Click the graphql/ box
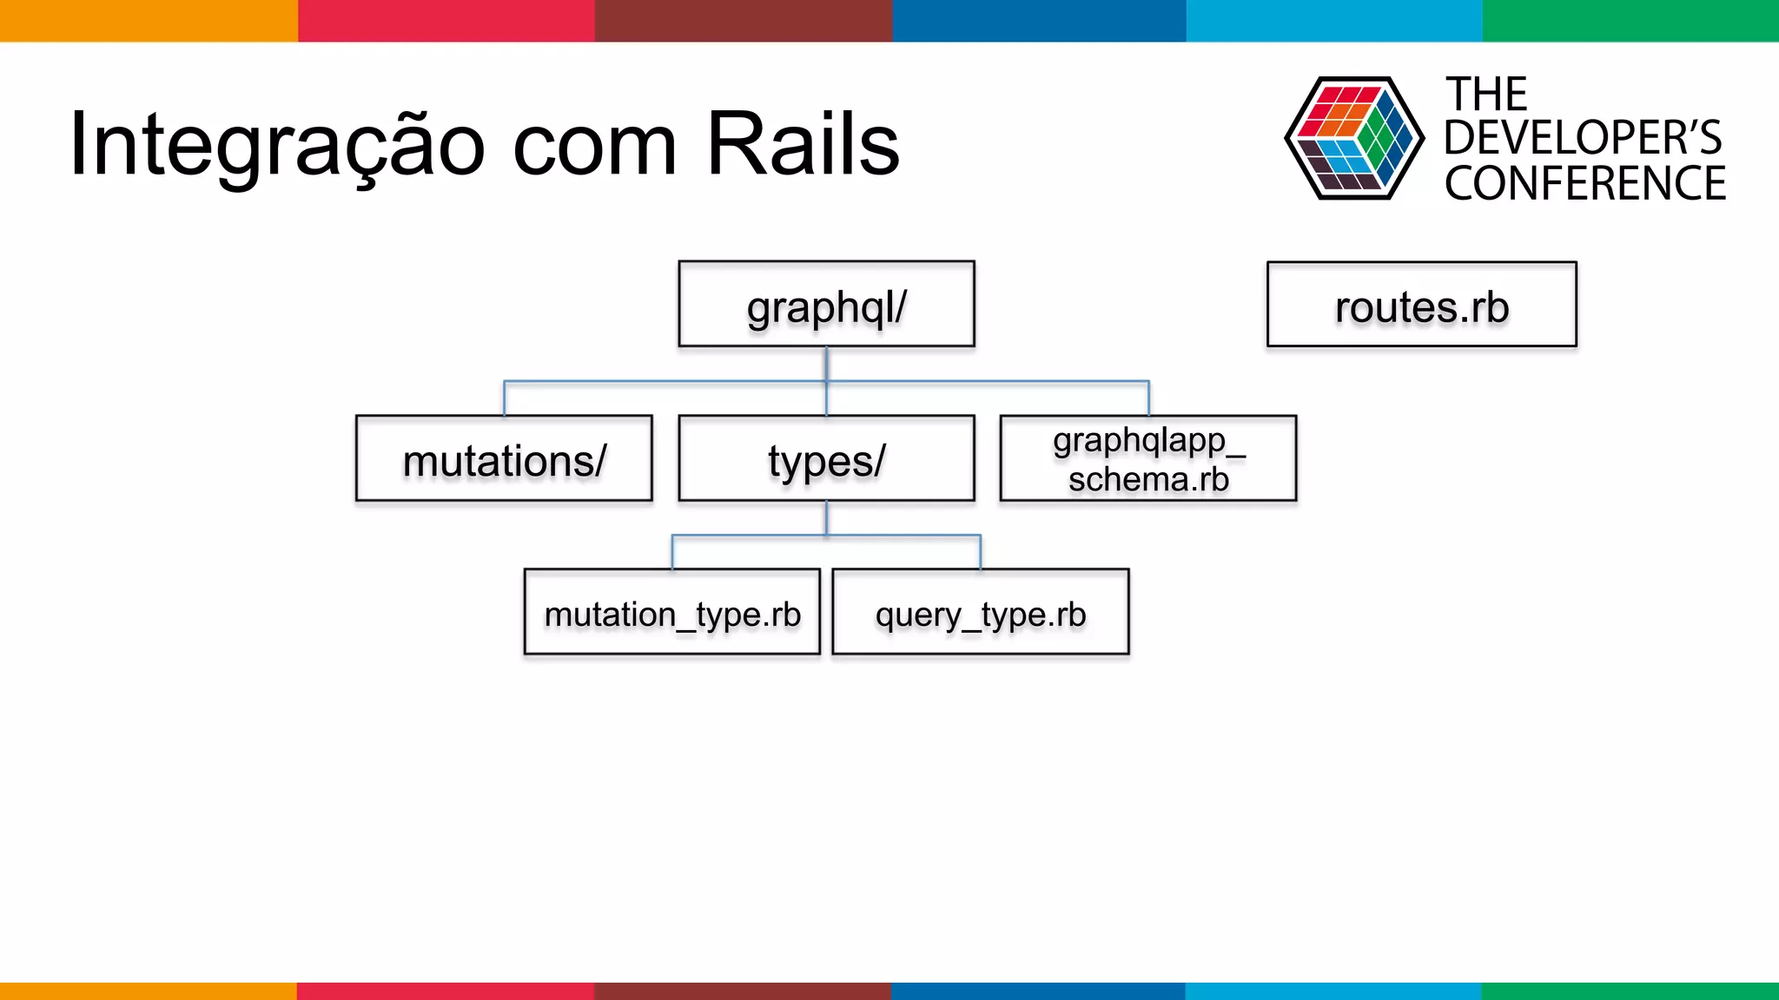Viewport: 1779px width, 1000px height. [x=826, y=305]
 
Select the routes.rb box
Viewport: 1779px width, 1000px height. [x=1421, y=305]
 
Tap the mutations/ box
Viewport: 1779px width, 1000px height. [x=504, y=458]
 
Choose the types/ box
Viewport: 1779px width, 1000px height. [x=826, y=458]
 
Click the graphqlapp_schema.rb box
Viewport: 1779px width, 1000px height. [x=1147, y=458]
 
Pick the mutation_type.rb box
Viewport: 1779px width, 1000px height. [x=672, y=612]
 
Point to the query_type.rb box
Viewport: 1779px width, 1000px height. [x=980, y=612]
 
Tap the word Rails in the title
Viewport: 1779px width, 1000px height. [x=803, y=144]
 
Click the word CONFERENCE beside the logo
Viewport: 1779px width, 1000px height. [x=1584, y=184]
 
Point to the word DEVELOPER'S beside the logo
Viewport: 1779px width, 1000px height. [x=1582, y=138]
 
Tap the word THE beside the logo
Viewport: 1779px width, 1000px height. [x=1486, y=94]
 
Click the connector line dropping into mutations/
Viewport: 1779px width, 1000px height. [x=505, y=398]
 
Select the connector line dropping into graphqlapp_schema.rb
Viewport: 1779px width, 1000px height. [x=1148, y=398]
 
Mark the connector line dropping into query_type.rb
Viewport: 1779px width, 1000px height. [x=980, y=552]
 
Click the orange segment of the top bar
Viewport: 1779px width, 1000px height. [x=148, y=21]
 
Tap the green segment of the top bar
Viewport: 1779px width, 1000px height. [x=1630, y=21]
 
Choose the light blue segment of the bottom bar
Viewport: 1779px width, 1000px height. [x=1333, y=990]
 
